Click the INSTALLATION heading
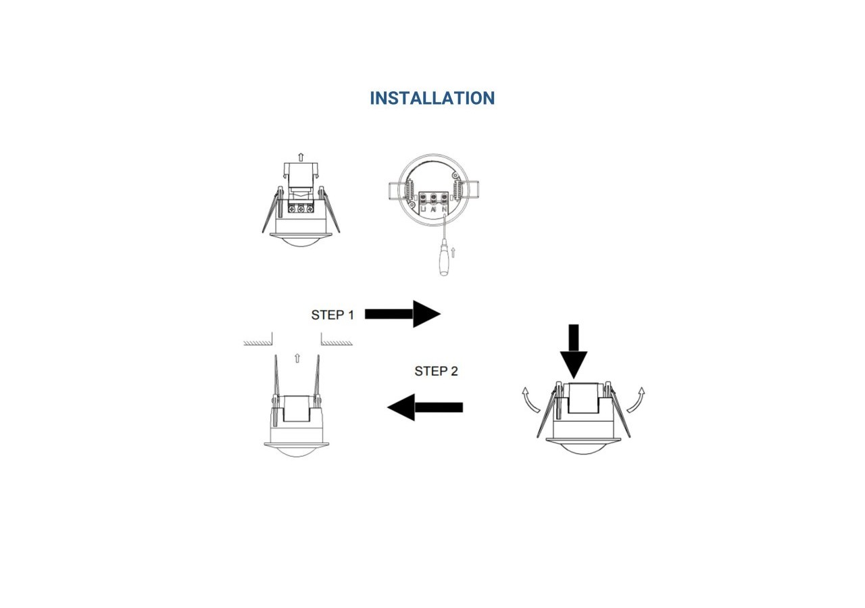pyautogui.click(x=432, y=98)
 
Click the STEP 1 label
pyautogui.click(x=332, y=315)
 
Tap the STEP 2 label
pyautogui.click(x=435, y=371)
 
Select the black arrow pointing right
pyautogui.click(x=403, y=313)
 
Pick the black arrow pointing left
pyautogui.click(x=424, y=407)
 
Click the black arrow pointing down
pyautogui.click(x=574, y=352)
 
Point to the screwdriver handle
pyautogui.click(x=443, y=262)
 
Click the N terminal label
pyautogui.click(x=444, y=210)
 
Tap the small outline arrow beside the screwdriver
pyautogui.click(x=453, y=253)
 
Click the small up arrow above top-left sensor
pyautogui.click(x=301, y=157)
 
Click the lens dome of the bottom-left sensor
pyautogui.click(x=297, y=451)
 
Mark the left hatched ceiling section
pyautogui.click(x=257, y=343)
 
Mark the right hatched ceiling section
pyautogui.click(x=337, y=343)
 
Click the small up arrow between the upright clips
pyautogui.click(x=297, y=357)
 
